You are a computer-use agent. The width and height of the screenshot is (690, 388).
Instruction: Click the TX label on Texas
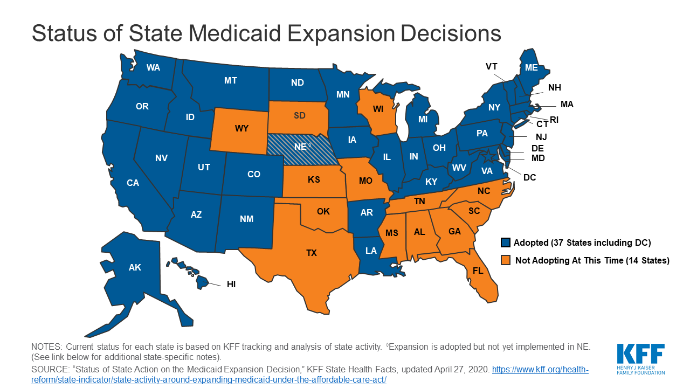[312, 253]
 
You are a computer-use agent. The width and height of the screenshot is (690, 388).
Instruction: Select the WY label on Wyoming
[241, 129]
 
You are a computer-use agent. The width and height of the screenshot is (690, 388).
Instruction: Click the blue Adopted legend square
[505, 242]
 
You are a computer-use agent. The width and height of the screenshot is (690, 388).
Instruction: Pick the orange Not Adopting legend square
[505, 261]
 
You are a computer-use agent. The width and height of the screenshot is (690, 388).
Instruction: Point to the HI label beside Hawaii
[231, 284]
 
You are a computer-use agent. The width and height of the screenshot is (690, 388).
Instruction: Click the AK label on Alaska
[135, 267]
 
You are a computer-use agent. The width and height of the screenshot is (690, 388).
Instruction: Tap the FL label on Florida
[478, 271]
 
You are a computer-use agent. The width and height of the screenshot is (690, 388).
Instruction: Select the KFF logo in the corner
[641, 358]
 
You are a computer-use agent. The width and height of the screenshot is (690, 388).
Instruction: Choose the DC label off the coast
[530, 177]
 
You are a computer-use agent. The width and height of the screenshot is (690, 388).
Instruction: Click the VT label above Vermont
[491, 66]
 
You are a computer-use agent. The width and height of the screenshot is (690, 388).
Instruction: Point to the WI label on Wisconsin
[377, 109]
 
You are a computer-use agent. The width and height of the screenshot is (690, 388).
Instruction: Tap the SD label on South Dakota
[299, 116]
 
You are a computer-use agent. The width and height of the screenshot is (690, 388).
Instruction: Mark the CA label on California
[133, 183]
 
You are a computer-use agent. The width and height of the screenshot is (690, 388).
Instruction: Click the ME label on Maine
[532, 67]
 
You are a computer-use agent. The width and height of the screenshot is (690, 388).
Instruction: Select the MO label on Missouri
[365, 181]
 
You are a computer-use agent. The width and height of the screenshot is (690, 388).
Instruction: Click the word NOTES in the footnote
[47, 347]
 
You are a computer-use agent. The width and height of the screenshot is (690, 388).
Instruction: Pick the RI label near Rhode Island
[554, 120]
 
